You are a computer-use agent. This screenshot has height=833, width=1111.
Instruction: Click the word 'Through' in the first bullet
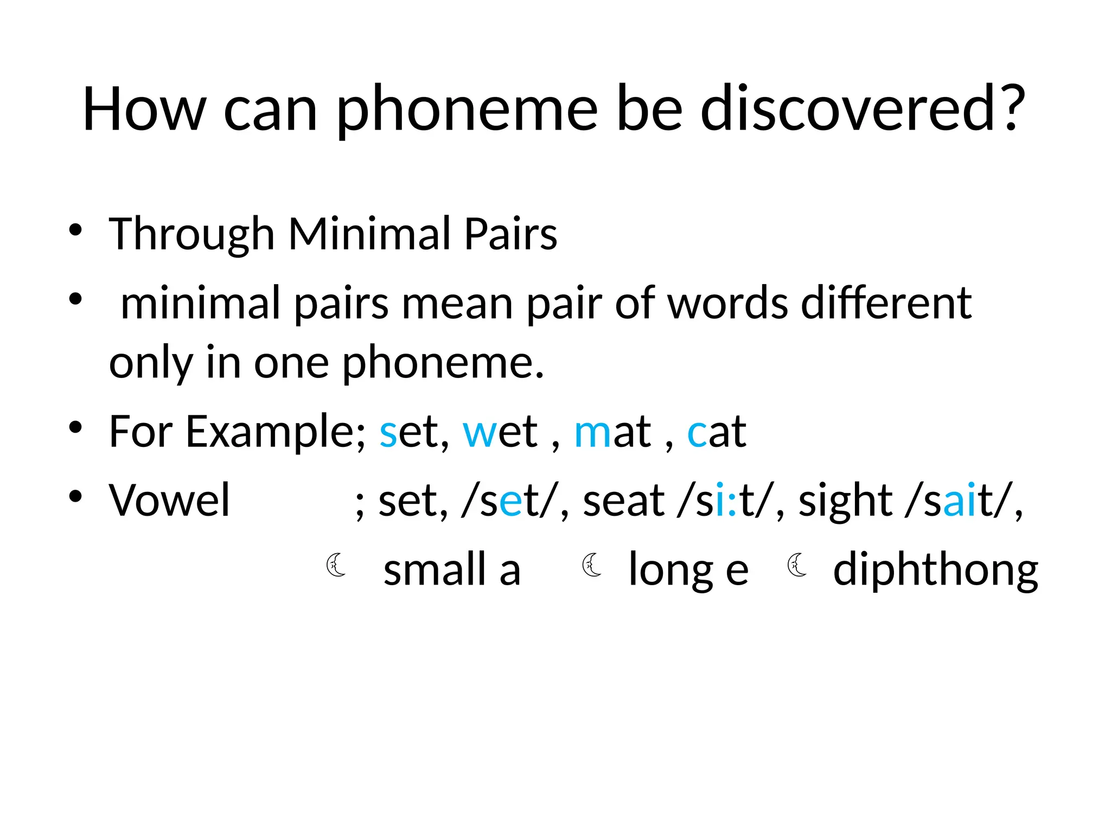coord(191,235)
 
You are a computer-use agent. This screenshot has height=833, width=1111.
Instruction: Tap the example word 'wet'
coord(500,432)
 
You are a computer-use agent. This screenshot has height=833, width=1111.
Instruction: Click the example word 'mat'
coord(612,432)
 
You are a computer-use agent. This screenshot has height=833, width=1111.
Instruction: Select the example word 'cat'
coord(717,432)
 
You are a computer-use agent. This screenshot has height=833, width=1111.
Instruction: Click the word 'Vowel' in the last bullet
coord(169,500)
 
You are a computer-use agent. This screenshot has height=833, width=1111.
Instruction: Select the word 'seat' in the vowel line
coord(623,500)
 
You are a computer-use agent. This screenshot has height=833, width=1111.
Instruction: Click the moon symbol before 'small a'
coord(336,565)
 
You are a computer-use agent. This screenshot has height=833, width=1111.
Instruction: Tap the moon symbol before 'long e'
coord(591,565)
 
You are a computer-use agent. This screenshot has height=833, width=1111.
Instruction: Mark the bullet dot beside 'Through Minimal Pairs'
coord(75,230)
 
